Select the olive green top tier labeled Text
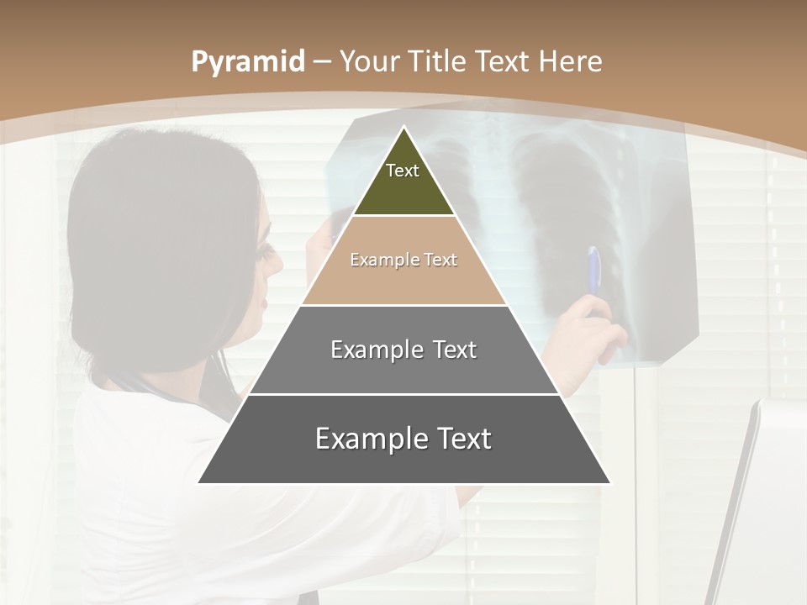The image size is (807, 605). click(x=403, y=181)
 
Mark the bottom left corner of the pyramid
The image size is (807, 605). click(x=199, y=482)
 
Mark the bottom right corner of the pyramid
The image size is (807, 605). click(x=609, y=482)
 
